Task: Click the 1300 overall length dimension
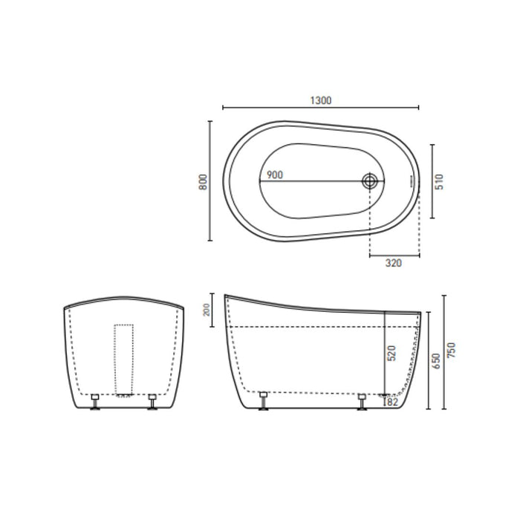point(321,100)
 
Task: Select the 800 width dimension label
point(202,181)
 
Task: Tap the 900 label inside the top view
point(274,175)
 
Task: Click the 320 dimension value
point(394,264)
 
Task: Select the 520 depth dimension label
point(392,352)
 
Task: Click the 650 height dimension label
point(437,361)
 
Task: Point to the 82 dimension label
point(393,402)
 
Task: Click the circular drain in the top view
point(369,181)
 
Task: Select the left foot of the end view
point(95,402)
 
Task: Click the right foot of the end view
point(152,402)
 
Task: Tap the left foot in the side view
point(264,402)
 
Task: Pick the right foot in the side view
point(362,402)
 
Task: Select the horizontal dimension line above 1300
point(321,108)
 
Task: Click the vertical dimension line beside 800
point(210,181)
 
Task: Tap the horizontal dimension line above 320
point(394,255)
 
